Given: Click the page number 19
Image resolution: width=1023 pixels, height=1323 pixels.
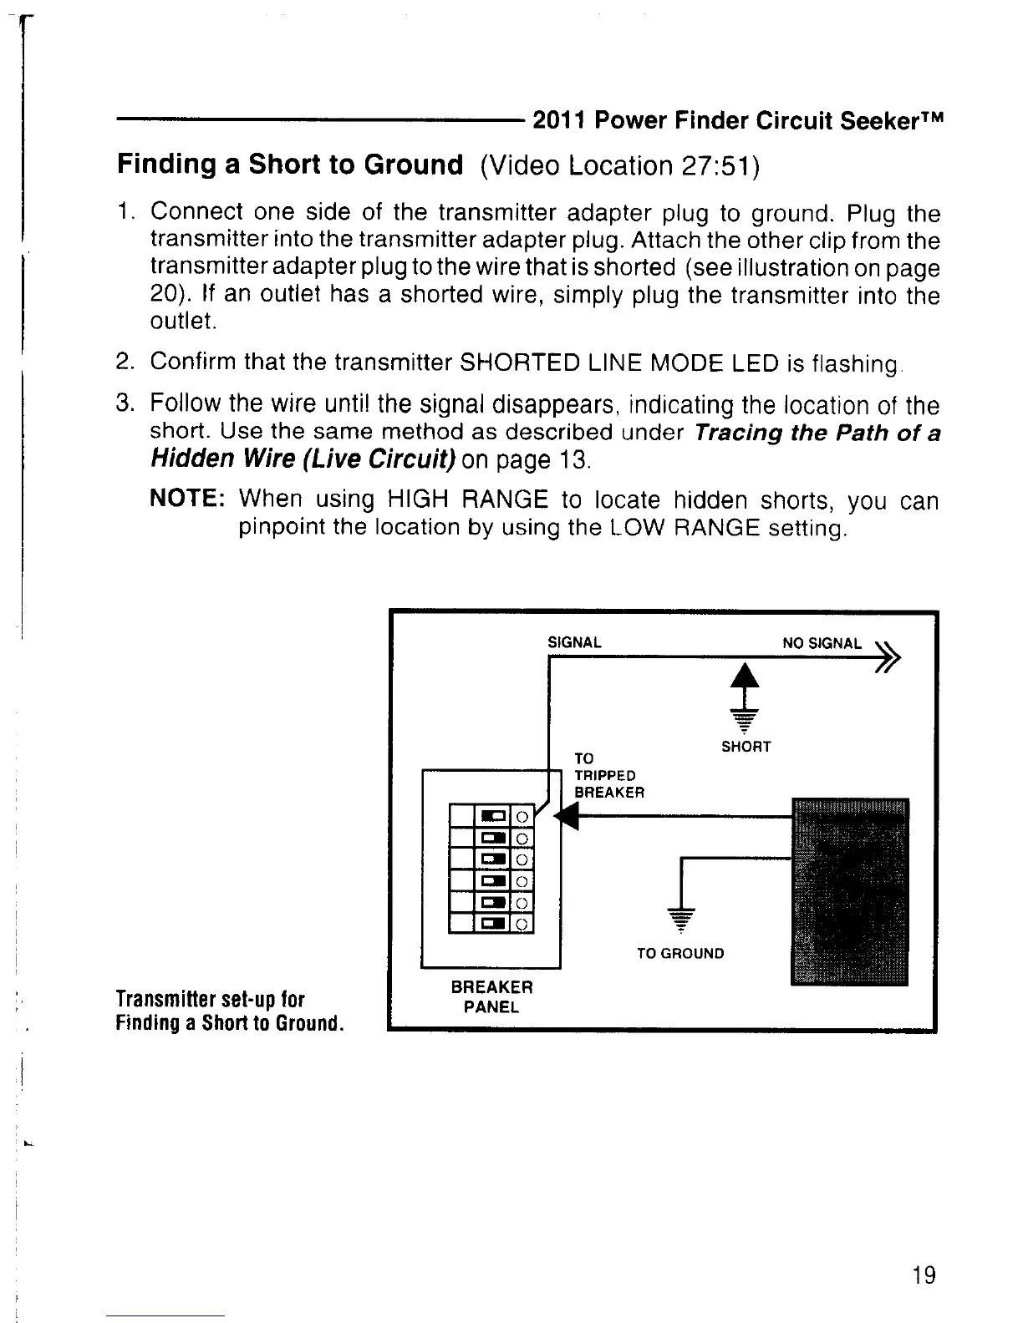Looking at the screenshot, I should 924,1275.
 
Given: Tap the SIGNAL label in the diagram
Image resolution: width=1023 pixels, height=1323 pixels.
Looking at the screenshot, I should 574,643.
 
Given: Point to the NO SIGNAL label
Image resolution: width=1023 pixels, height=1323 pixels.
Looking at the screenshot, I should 822,643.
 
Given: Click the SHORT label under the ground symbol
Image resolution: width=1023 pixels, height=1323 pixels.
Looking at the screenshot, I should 746,746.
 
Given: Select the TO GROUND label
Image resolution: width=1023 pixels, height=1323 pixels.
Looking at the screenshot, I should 680,953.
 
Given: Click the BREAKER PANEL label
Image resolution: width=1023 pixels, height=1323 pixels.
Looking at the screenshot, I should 491,996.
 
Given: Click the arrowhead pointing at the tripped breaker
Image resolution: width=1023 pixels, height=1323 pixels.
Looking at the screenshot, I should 569,816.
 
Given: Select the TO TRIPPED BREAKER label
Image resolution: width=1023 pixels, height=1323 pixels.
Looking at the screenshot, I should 608,775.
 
